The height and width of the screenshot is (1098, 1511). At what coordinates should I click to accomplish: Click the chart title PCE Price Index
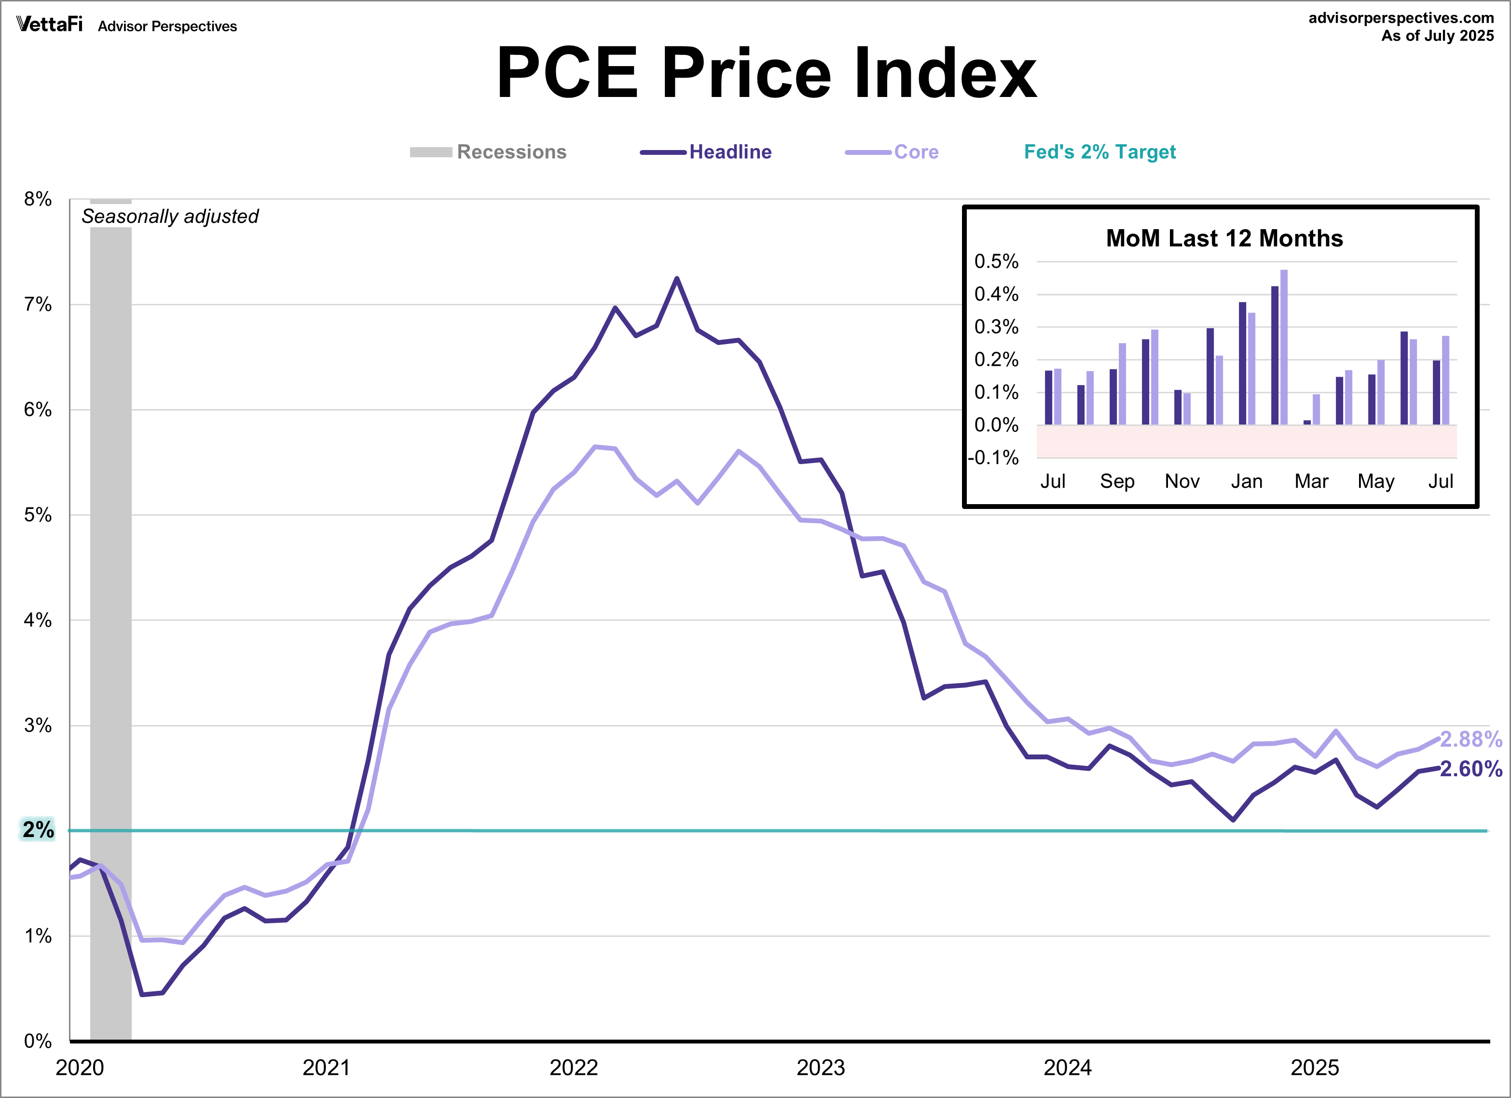click(x=766, y=73)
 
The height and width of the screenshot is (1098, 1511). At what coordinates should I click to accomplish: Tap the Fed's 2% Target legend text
click(x=1099, y=152)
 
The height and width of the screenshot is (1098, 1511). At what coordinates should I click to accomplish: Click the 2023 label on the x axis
click(x=820, y=1067)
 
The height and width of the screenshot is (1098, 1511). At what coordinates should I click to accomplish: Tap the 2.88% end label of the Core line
click(x=1471, y=739)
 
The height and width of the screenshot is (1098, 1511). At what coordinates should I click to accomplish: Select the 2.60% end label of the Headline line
click(x=1471, y=769)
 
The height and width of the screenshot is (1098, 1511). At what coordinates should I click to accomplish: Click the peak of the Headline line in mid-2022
click(x=677, y=278)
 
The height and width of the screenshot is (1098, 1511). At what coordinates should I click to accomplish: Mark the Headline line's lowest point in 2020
click(x=142, y=995)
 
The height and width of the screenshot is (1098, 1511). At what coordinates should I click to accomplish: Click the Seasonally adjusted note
click(x=170, y=217)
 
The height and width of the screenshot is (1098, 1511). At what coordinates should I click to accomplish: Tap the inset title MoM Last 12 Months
click(x=1224, y=238)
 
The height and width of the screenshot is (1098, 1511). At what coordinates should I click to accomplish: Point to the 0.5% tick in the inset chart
click(x=996, y=261)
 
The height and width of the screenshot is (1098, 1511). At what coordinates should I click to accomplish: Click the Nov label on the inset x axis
click(x=1182, y=481)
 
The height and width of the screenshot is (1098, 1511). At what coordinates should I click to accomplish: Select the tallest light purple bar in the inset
click(x=1284, y=346)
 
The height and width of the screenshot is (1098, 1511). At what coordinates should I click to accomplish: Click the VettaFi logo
click(x=49, y=25)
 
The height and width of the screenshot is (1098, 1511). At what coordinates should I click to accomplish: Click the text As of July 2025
click(x=1437, y=36)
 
